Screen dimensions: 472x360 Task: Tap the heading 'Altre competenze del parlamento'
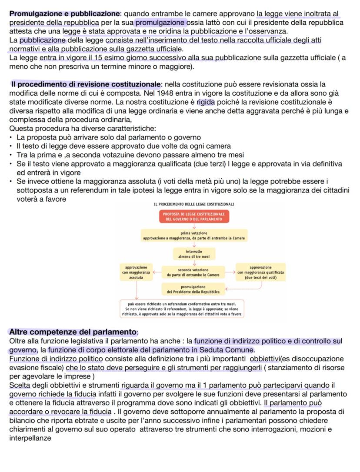click(73, 332)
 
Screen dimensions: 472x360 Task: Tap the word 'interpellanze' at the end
click(30, 439)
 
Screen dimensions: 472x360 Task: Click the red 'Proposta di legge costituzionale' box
click(194, 217)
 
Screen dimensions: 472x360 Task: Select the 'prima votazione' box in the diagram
click(194, 236)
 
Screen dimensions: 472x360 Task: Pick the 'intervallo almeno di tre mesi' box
click(194, 254)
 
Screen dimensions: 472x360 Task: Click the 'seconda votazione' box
click(194, 272)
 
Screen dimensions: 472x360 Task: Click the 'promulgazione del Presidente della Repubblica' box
click(193, 289)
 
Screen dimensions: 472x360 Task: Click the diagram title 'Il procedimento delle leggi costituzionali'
click(193, 204)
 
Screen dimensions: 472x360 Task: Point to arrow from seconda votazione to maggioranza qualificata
click(230, 272)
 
